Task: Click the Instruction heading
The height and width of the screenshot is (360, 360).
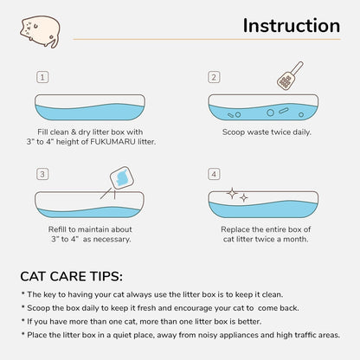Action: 291,26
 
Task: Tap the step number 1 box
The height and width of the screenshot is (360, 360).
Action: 42,77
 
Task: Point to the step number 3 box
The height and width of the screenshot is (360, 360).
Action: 42,175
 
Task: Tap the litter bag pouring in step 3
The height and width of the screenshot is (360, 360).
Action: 121,177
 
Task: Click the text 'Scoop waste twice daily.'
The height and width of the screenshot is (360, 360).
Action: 267,132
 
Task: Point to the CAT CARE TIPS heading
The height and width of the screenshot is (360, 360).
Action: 71,276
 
